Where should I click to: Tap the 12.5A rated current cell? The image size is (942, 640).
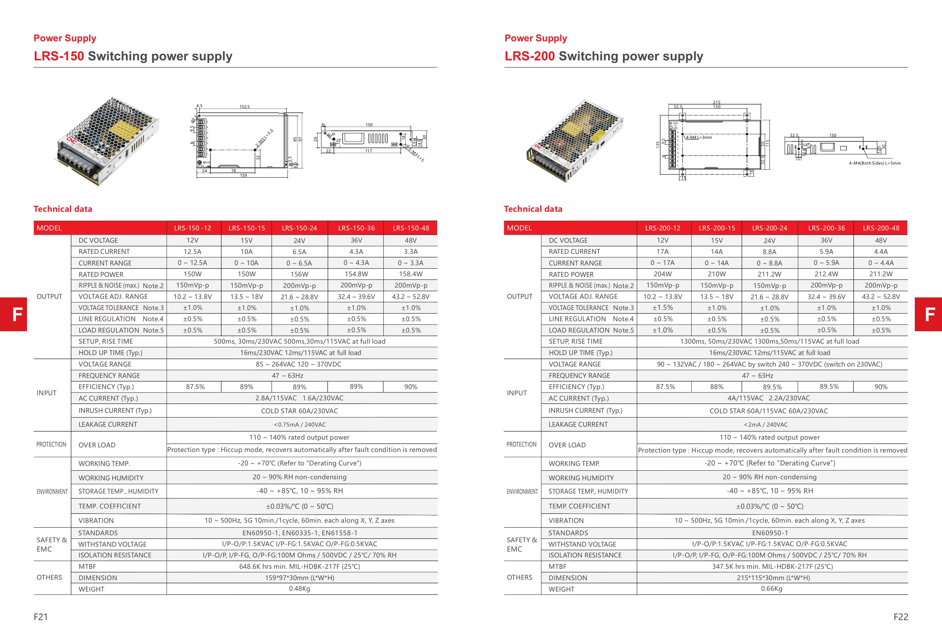(192, 252)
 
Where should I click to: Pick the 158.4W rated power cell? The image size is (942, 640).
(411, 274)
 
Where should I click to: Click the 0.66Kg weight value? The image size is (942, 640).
(771, 588)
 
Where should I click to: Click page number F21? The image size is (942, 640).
(40, 617)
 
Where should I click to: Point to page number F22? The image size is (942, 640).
(901, 617)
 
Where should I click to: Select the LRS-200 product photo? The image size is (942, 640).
(575, 140)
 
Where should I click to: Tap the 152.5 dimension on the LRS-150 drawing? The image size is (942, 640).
(244, 107)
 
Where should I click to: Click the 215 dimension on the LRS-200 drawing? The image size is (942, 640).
(717, 102)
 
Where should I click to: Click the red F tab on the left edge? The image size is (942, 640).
(13, 314)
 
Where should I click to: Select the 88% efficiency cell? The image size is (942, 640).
(717, 387)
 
